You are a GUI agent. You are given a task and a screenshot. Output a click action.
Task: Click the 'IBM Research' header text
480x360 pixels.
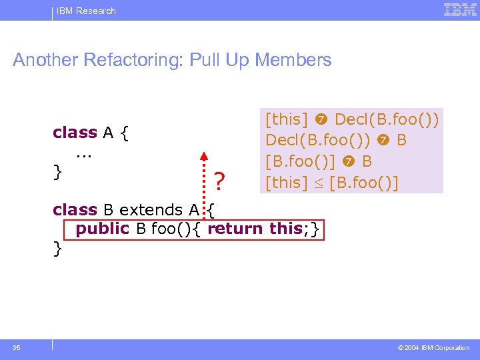(x=86, y=11)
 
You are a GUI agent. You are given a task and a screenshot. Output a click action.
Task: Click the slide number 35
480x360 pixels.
(x=17, y=347)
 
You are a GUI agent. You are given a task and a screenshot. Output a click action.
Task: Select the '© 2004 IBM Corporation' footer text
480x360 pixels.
(x=433, y=348)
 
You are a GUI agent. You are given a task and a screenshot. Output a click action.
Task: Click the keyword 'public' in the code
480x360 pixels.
(x=103, y=229)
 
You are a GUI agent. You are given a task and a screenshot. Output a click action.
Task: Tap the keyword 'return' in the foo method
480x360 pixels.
(x=235, y=229)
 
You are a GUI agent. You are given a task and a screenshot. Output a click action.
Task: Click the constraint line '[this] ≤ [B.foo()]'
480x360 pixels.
(x=331, y=182)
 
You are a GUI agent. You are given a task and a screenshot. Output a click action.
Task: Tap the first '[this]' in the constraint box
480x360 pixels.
(x=287, y=120)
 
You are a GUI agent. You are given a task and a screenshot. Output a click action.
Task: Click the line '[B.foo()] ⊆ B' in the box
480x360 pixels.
(x=319, y=161)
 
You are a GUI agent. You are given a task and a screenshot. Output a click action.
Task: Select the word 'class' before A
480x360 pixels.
(x=75, y=133)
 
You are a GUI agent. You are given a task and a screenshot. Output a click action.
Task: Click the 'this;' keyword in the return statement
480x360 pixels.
(x=288, y=229)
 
